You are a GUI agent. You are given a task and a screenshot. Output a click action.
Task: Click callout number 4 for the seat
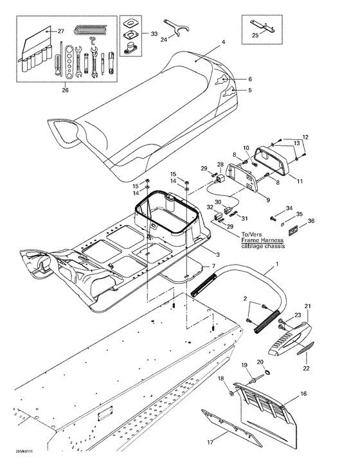223,43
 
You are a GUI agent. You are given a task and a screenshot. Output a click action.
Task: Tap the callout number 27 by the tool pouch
61,31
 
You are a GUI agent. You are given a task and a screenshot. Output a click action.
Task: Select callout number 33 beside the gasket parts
154,33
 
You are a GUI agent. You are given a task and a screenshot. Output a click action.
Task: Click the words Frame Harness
261,241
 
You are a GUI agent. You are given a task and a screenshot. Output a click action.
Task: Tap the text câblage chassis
261,247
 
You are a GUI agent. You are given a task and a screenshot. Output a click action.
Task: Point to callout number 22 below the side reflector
306,368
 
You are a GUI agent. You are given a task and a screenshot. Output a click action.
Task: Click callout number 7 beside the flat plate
205,267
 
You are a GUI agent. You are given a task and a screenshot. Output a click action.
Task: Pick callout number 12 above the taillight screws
305,137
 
